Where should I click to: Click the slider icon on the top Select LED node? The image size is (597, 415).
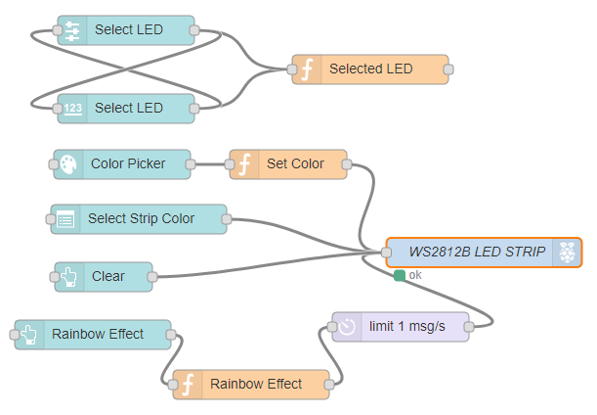click(73, 30)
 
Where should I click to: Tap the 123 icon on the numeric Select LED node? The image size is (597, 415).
click(73, 108)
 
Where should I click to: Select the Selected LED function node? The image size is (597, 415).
click(370, 69)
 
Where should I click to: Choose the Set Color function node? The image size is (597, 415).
click(294, 164)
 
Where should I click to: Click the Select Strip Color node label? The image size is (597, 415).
click(141, 219)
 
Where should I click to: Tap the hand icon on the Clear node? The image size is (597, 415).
click(69, 277)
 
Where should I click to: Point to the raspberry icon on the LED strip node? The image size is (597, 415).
click(567, 253)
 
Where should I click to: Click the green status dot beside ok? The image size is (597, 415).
click(400, 276)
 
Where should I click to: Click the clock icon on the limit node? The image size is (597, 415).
click(347, 327)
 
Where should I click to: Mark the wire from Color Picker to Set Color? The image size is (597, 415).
click(210, 164)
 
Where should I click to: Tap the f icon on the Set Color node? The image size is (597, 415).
click(244, 164)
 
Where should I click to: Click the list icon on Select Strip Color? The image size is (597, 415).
click(65, 219)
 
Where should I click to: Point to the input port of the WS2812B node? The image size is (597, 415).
click(387, 253)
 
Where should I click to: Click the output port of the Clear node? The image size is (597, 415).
click(152, 277)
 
